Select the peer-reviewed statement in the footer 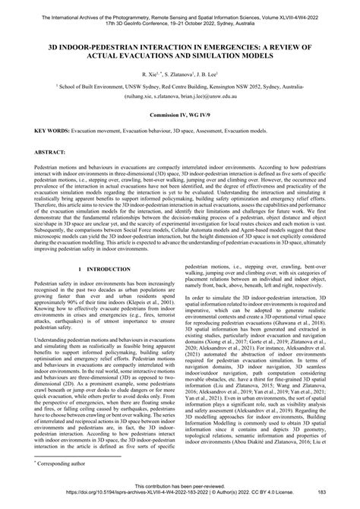click(179, 495)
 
